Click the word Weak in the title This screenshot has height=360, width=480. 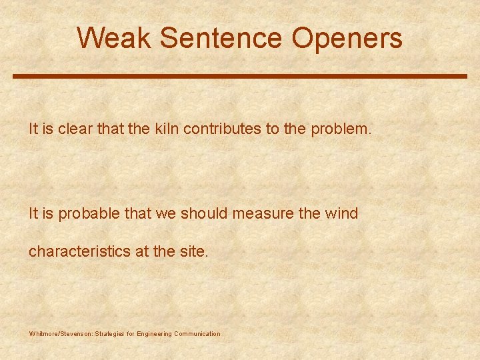point(115,38)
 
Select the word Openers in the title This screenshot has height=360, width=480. point(347,38)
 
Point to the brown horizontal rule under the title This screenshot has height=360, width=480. point(240,77)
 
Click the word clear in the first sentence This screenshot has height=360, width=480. point(74,129)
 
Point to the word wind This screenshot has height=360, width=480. point(341,214)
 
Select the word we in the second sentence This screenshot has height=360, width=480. point(163,214)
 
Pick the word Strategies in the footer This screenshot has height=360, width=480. point(112,334)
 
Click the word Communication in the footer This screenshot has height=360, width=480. point(197,334)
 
